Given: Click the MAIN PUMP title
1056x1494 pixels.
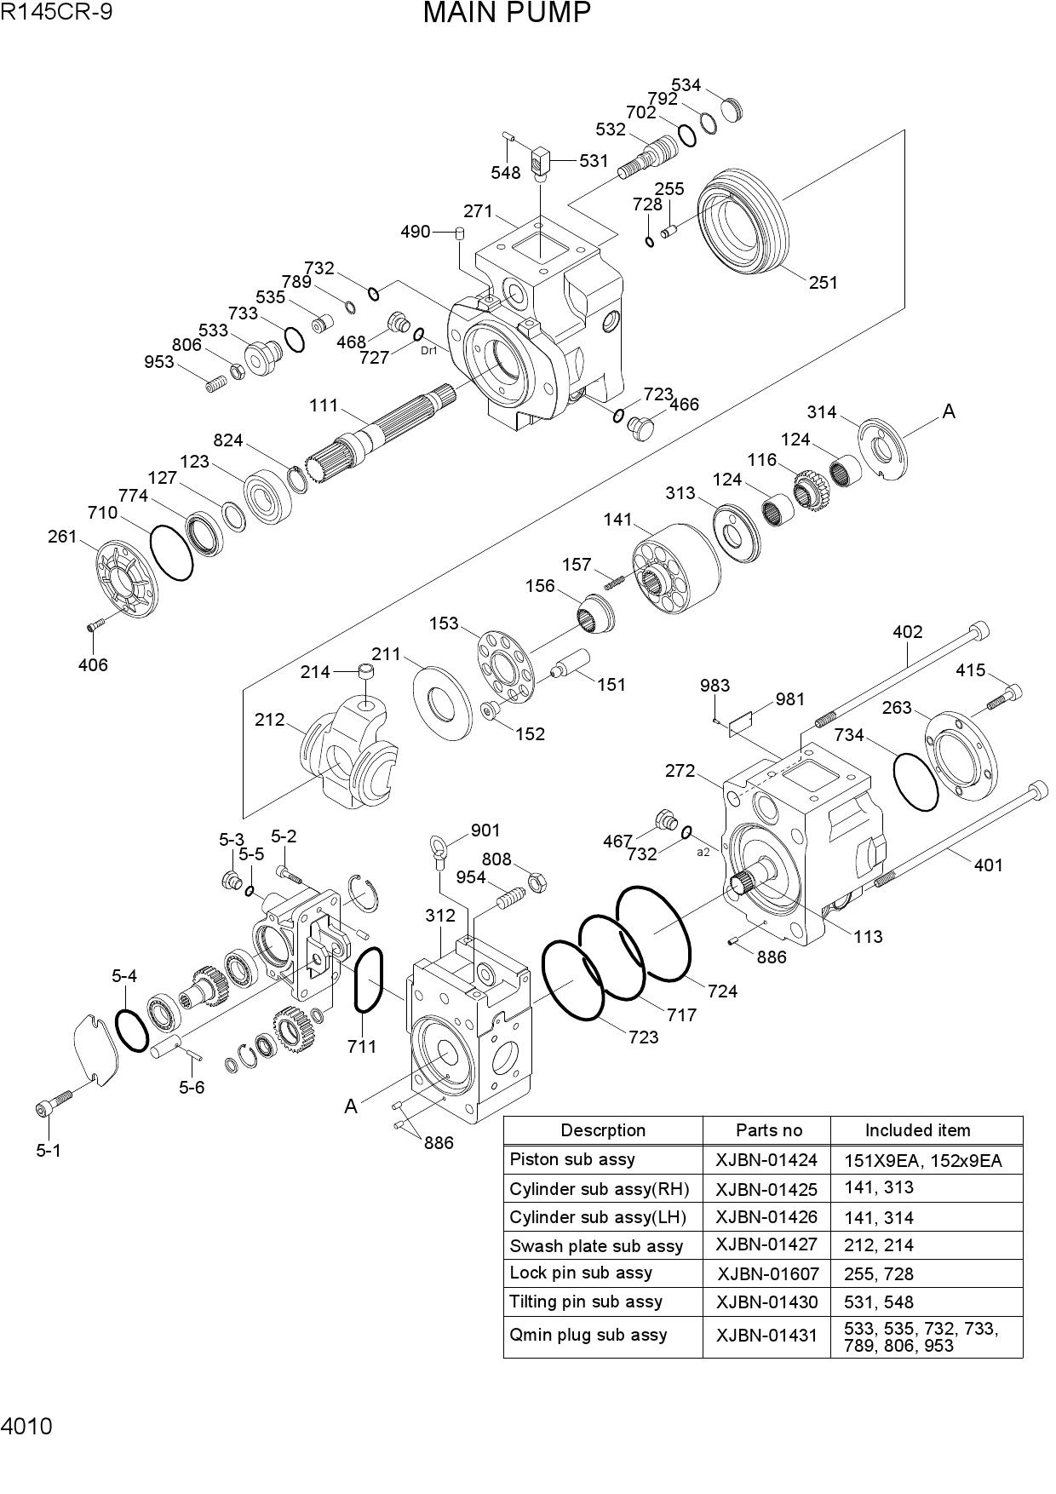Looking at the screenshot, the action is [x=507, y=13].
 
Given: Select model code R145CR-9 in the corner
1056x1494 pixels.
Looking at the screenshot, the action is [x=56, y=11].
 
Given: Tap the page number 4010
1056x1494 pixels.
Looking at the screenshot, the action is [x=26, y=1426].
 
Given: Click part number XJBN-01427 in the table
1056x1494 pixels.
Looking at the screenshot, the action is [x=766, y=1244].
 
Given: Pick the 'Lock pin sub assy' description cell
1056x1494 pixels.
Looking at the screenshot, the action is [x=581, y=1273].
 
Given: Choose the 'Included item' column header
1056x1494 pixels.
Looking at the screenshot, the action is [x=917, y=1130].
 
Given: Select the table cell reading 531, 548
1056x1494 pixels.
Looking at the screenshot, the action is [x=880, y=1302].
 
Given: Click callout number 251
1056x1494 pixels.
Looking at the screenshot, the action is [x=824, y=283].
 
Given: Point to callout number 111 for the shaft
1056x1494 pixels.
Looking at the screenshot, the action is [x=324, y=405].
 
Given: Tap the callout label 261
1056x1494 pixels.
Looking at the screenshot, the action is [x=62, y=537].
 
